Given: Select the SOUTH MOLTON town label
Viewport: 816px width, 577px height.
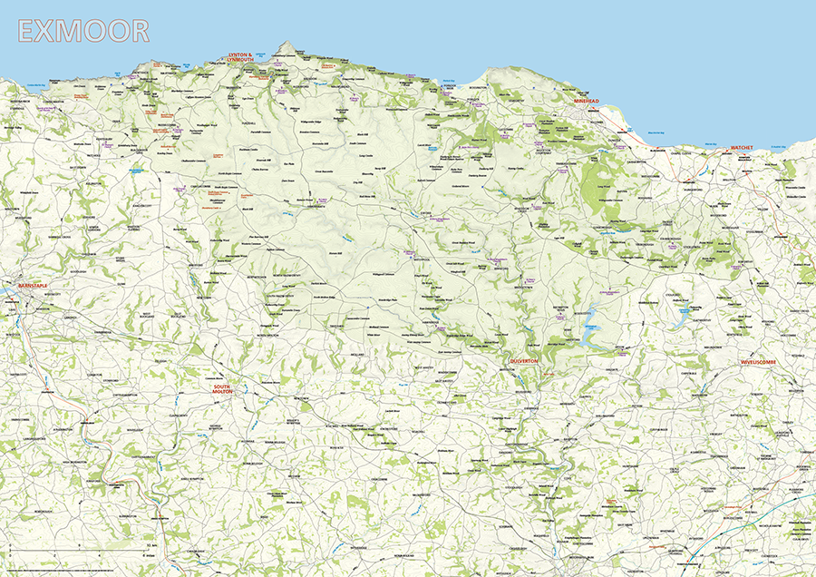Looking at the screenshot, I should [x=222, y=390].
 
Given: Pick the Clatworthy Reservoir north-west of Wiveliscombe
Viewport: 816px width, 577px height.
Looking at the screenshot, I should [x=680, y=318].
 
